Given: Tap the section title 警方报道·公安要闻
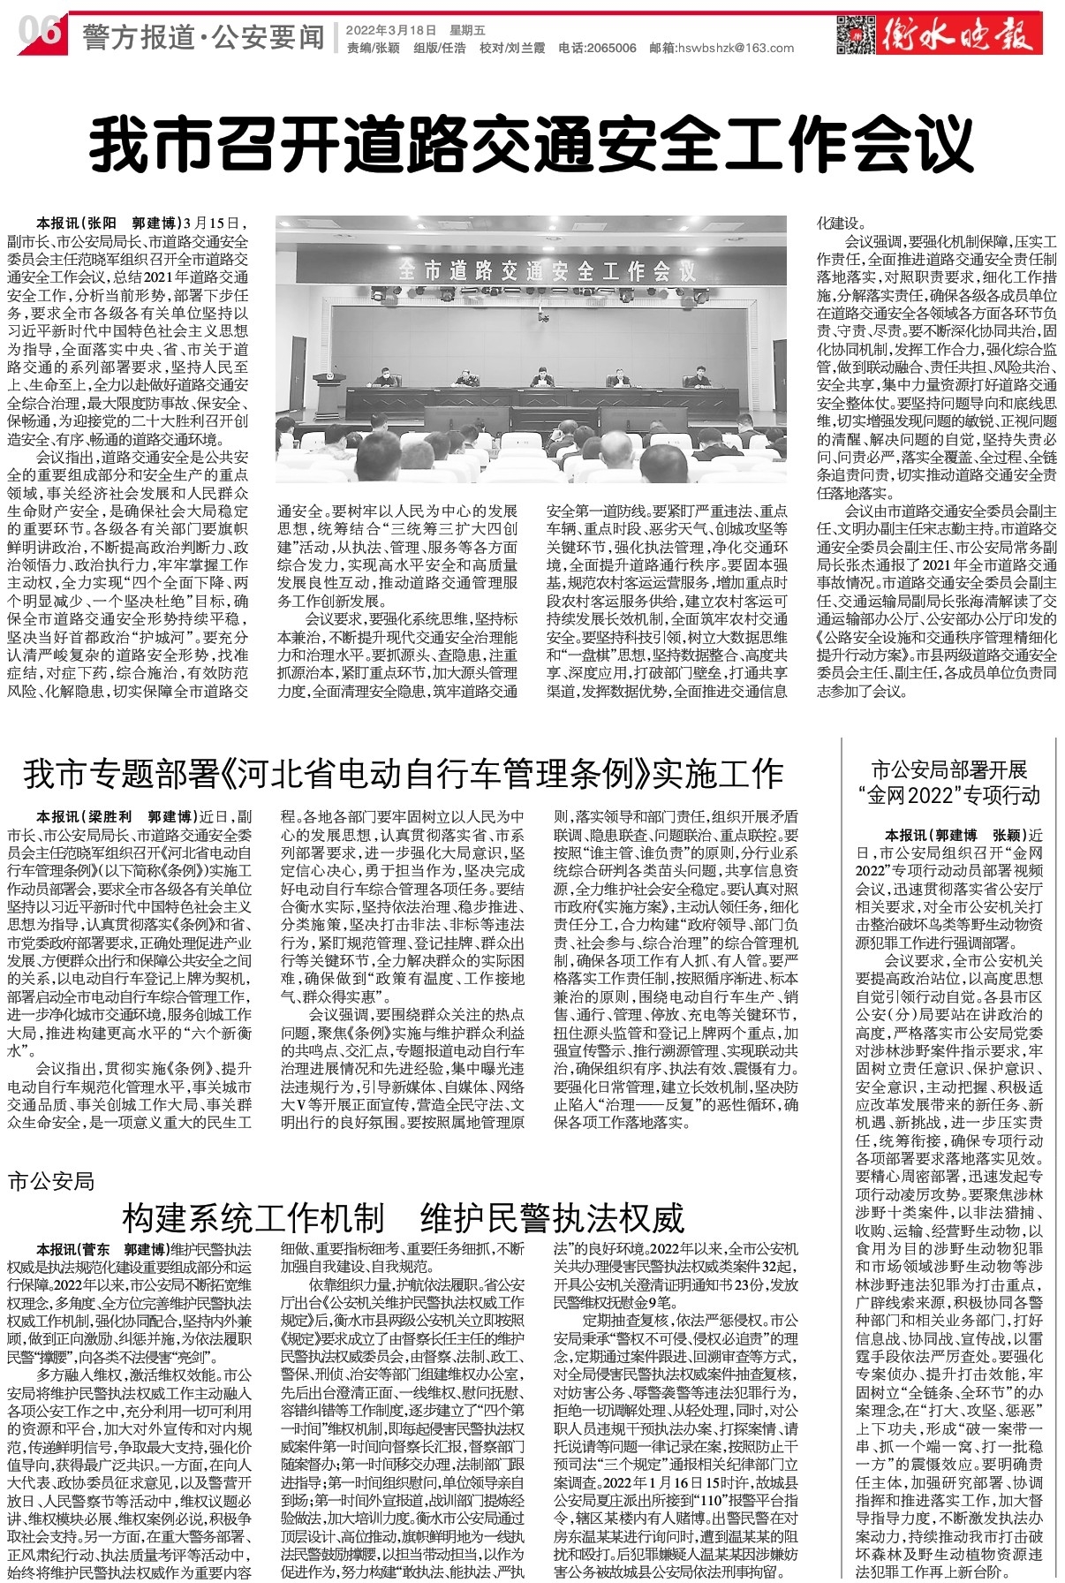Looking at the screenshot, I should (x=203, y=37).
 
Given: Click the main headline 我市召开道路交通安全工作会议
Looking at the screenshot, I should (x=532, y=148).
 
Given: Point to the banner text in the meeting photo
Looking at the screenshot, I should (x=547, y=270).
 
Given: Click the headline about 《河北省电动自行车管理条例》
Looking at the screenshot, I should (x=404, y=774).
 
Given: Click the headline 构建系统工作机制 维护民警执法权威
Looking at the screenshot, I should (x=404, y=1218).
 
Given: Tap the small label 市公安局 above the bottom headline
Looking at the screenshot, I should (x=50, y=1181).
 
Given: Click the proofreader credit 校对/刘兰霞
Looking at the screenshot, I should (x=512, y=49).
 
